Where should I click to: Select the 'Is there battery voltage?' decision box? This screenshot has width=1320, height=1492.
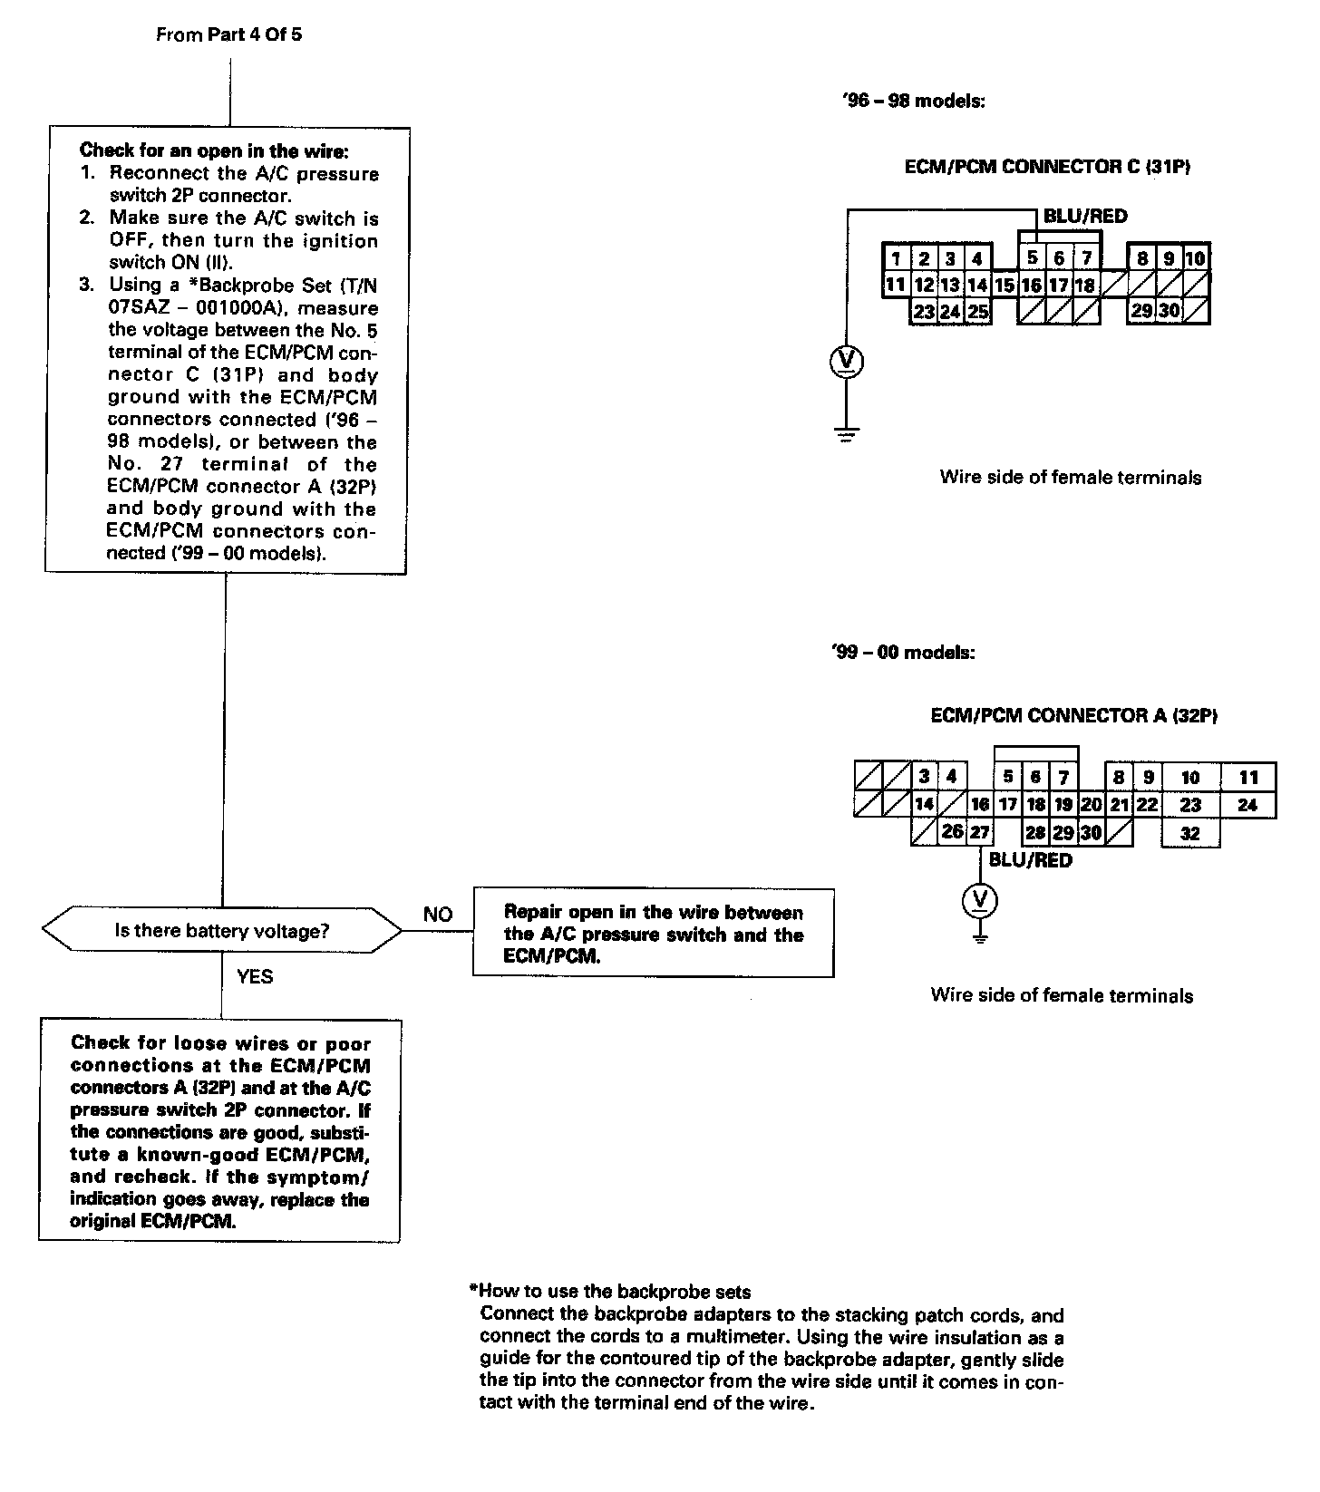221,931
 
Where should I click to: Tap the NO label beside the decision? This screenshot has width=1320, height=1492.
438,915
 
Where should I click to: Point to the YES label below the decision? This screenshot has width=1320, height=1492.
254,976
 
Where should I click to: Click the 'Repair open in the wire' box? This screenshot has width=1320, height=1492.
653,934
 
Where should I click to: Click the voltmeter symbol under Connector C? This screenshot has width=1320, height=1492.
846,362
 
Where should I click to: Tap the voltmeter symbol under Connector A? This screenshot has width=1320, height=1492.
979,899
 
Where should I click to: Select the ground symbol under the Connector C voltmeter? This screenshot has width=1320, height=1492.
846,434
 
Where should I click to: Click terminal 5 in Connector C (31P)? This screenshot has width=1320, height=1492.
1032,258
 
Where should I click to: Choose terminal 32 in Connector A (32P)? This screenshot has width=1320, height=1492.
1190,833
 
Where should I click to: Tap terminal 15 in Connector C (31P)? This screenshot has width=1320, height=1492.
1005,286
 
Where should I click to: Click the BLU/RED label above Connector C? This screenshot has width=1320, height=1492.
1085,216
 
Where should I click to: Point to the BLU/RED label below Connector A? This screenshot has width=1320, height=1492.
1030,860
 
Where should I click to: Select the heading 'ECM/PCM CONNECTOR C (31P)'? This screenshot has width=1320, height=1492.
1047,167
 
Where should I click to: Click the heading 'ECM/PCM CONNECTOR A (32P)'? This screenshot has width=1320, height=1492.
1073,715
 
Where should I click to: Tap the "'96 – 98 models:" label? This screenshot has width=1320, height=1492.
913,101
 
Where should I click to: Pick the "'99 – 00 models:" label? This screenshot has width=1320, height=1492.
902,652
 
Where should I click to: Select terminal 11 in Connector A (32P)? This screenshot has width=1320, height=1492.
1248,777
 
